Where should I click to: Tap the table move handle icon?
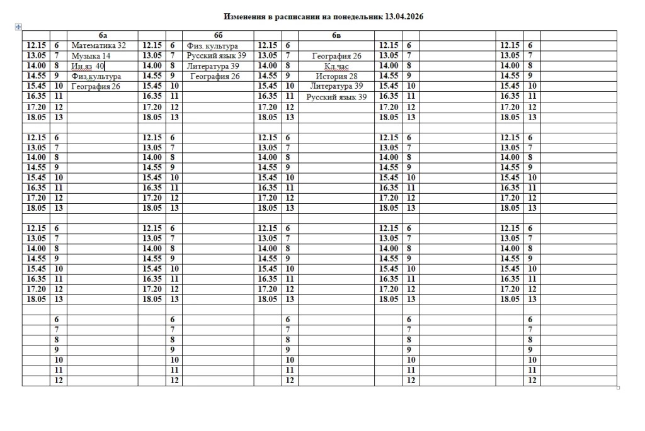point(18,26)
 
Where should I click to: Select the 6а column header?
point(103,36)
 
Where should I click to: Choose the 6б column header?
point(219,36)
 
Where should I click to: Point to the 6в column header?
point(336,36)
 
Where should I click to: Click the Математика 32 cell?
point(99,46)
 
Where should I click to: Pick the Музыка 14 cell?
point(91,56)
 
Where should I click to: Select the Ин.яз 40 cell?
point(88,66)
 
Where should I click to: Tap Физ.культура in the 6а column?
point(96,76)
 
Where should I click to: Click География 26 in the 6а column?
point(95,86)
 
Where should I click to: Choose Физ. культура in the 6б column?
point(212,46)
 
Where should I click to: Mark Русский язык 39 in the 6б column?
point(215,56)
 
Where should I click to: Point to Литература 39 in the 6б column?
point(213,66)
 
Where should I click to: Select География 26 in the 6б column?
point(215,76)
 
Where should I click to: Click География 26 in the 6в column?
point(336,56)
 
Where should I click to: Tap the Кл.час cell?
point(336,66)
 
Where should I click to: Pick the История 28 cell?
point(336,76)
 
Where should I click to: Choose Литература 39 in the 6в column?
point(336,86)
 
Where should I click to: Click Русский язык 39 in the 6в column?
point(336,97)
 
